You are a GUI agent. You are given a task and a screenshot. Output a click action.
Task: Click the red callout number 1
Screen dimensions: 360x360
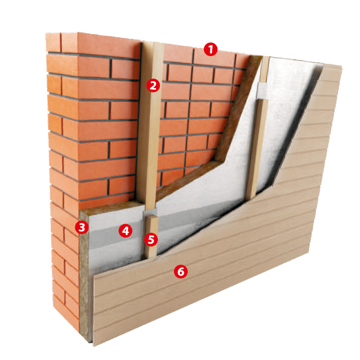211,49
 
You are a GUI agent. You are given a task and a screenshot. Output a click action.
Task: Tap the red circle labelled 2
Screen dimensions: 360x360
153,85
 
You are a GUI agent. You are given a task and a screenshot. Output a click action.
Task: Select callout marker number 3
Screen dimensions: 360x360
82,228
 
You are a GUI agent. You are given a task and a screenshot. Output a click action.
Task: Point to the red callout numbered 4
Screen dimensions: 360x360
125,230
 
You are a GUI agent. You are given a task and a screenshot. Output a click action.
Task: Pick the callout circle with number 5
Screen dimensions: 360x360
151,240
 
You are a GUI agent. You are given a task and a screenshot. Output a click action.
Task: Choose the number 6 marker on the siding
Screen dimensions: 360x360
180,272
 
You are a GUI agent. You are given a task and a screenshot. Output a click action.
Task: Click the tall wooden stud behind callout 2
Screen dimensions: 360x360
150,124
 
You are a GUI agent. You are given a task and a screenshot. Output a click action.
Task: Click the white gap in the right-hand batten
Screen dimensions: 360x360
263,91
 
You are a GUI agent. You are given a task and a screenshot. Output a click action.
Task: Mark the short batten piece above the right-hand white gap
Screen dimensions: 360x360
264,69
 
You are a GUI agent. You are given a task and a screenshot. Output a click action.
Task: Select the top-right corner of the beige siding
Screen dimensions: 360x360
342,67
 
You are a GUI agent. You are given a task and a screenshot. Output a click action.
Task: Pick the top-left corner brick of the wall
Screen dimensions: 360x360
53,42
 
